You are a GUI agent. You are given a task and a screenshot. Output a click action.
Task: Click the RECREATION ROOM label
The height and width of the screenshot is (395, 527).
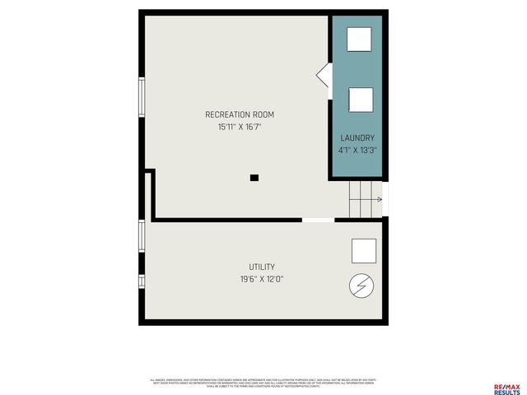click(x=240, y=114)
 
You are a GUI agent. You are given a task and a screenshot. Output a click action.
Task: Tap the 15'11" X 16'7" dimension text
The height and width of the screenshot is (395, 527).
click(x=240, y=127)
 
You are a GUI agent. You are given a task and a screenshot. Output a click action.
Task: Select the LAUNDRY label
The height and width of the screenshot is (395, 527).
click(x=357, y=138)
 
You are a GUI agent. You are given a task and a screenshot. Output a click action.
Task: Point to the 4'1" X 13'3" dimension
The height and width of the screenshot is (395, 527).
click(x=357, y=151)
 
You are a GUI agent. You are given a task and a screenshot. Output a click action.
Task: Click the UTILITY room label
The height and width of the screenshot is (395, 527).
click(x=262, y=267)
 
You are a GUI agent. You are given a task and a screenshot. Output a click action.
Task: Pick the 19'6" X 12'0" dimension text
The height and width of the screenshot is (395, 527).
click(x=262, y=279)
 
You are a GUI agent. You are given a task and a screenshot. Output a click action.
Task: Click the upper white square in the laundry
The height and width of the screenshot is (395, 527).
click(x=358, y=39)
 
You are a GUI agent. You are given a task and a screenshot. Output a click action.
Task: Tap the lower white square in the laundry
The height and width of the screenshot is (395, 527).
click(x=361, y=100)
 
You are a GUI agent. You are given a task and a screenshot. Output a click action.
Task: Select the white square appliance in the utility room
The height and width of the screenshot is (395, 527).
click(x=363, y=251)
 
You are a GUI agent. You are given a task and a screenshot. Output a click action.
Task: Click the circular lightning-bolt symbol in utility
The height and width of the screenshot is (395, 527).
click(x=361, y=286)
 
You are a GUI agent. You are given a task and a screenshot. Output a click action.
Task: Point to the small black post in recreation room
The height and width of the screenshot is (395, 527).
click(x=254, y=178)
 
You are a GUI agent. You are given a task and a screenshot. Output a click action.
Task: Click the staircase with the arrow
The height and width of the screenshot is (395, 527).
click(x=365, y=199)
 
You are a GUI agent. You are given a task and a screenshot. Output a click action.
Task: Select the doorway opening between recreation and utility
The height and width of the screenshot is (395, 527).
click(x=318, y=220)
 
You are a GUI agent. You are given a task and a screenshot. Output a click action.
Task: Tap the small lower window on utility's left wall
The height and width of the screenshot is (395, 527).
click(x=142, y=281)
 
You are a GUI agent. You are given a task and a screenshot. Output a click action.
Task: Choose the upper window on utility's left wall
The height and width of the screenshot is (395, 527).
click(x=142, y=235)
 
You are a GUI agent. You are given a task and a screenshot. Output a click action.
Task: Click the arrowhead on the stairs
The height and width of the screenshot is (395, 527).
click(x=380, y=199)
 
